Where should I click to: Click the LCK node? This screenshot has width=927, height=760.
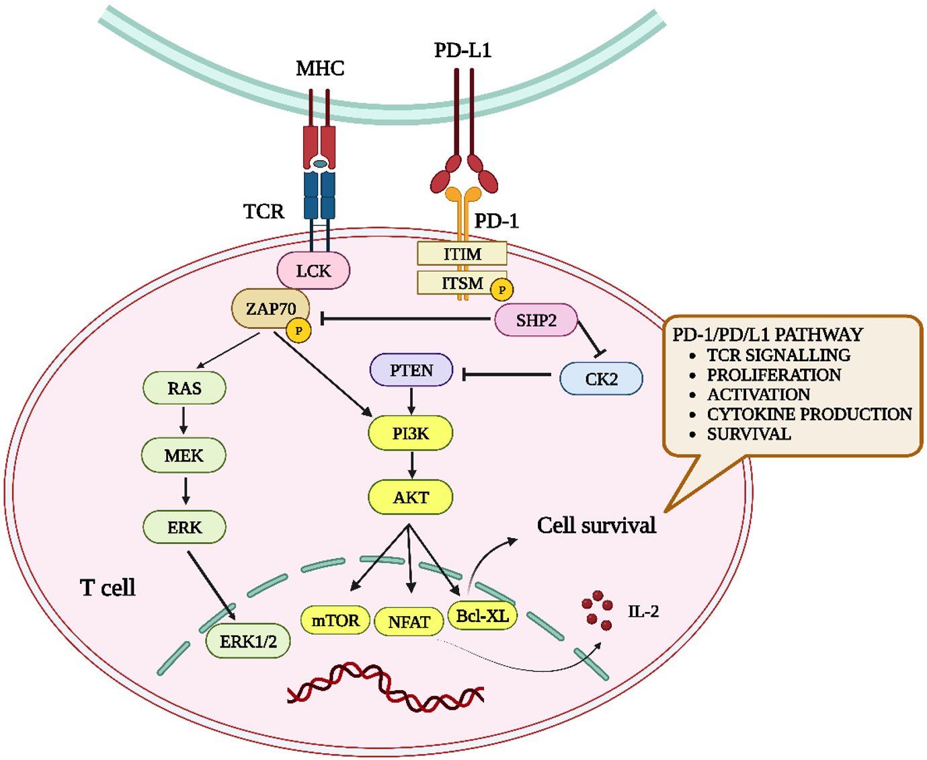coord(313,270)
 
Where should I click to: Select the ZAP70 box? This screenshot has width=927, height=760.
coord(270,309)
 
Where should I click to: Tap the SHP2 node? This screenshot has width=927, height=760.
coord(536,320)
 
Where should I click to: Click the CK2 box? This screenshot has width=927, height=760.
coord(601,379)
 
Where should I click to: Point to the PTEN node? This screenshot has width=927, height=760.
coord(411,370)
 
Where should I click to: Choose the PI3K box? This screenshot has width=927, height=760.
coord(410,433)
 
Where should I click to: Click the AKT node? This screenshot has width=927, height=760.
coord(410,497)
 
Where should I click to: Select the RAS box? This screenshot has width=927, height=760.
coord(184,388)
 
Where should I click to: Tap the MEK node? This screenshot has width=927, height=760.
coord(184,455)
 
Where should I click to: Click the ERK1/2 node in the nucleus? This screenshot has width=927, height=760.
coord(248,641)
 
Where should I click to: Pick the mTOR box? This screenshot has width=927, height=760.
coord(335,620)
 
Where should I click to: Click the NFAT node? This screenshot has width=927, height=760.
coord(409,621)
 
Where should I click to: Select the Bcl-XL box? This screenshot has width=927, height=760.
coord(482,615)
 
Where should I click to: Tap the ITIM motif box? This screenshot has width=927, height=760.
coord(462,254)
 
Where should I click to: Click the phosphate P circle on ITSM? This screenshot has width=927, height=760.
coord(501,290)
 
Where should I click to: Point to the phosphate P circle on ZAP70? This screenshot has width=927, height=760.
coord(298,330)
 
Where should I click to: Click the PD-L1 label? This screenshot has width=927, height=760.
coord(462,50)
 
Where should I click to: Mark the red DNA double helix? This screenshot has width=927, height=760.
coord(385,686)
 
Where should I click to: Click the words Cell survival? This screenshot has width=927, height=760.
coord(596,525)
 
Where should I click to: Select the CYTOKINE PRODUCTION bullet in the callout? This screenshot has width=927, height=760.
coord(809,414)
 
